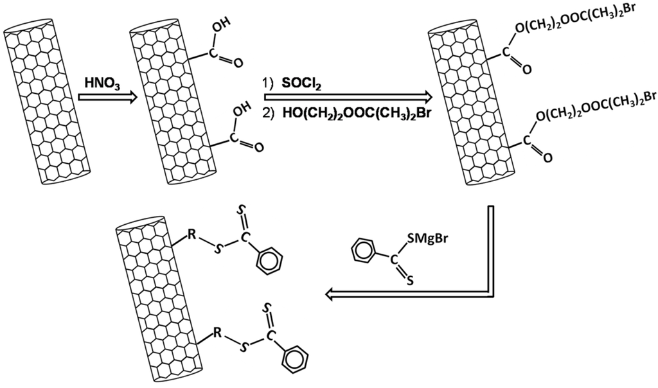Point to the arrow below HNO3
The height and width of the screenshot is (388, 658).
(x=106, y=98)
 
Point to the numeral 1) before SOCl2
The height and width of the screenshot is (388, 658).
(x=269, y=84)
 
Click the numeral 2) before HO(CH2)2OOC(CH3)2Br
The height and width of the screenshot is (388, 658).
(x=269, y=114)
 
